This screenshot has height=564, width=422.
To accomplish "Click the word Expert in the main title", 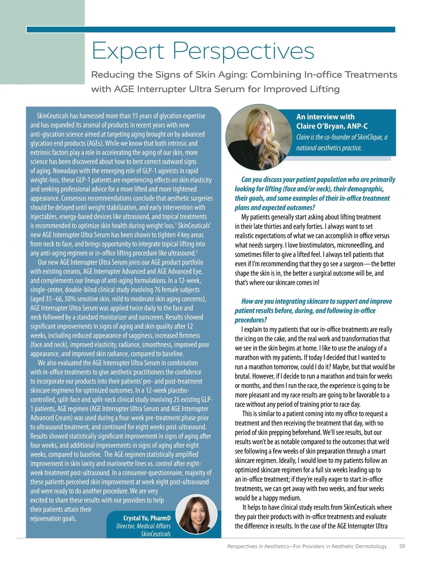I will (x=128, y=51).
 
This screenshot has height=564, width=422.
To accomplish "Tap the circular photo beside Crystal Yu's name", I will (x=196, y=514).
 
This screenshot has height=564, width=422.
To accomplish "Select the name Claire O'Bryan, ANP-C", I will (x=332, y=126).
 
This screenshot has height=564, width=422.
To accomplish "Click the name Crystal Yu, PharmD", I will (x=147, y=518).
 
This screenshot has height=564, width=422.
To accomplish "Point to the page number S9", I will (x=402, y=546).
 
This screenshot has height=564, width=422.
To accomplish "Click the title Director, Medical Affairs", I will (x=143, y=526).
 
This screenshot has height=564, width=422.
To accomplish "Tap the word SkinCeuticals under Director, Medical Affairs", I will (x=155, y=534).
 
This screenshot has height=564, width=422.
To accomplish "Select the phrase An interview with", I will (x=325, y=117).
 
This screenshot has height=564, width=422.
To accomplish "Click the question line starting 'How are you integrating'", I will (x=316, y=301).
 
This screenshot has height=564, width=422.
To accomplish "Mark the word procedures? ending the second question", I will (x=251, y=320).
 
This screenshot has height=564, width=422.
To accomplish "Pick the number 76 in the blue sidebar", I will (x=158, y=290).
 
